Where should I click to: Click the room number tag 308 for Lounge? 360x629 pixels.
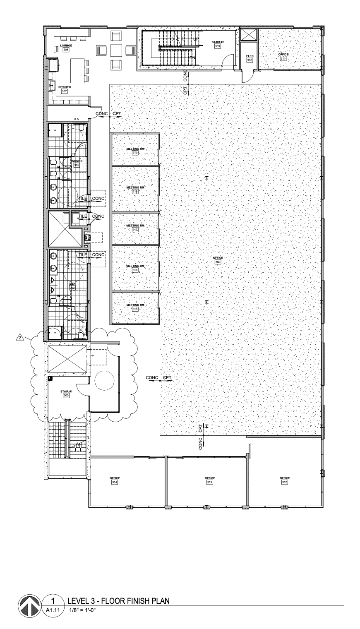pyautogui.click(x=66, y=50)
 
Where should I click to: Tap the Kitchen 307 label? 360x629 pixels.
pyautogui.click(x=65, y=89)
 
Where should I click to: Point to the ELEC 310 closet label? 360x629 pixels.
pyautogui.click(x=250, y=58)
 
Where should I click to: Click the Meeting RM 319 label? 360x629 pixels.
pyautogui.click(x=135, y=151)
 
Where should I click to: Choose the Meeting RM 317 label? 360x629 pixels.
pyautogui.click(x=135, y=228)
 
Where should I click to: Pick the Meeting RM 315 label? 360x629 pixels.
pyautogui.click(x=135, y=307)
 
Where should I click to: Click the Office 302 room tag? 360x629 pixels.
pyautogui.click(x=218, y=260)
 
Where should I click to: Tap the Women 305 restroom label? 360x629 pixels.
pyautogui.click(x=77, y=163)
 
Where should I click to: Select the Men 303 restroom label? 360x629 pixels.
pyautogui.click(x=72, y=286)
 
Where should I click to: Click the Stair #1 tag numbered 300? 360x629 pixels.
pyautogui.click(x=66, y=394)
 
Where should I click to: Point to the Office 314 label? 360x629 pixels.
pyautogui.click(x=115, y=480)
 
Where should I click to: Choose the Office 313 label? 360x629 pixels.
pyautogui.click(x=210, y=480)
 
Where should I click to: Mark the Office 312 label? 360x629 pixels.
pyautogui.click(x=285, y=480)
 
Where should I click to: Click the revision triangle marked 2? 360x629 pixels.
pyautogui.click(x=19, y=338)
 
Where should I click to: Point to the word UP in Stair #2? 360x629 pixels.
pyautogui.click(x=196, y=39)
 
